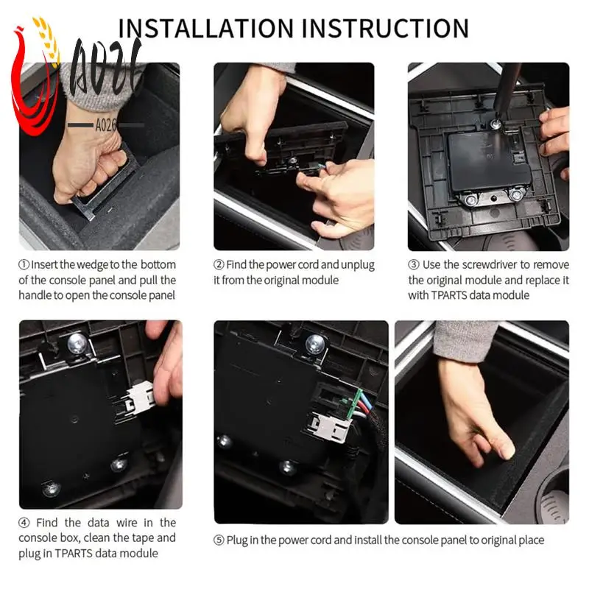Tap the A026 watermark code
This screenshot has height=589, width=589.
pyautogui.click(x=106, y=125)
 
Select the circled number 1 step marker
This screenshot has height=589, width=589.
pyautogui.click(x=24, y=265)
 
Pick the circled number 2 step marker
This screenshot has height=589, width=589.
pyautogui.click(x=219, y=265)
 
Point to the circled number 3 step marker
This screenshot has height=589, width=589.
pyautogui.click(x=414, y=265)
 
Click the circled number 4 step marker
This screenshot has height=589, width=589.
pyautogui.click(x=24, y=523)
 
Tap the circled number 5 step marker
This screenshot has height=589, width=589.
pyautogui.click(x=219, y=540)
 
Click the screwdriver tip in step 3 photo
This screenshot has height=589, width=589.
pyautogui.click(x=495, y=123)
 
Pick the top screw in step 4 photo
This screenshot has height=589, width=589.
pyautogui.click(x=77, y=344)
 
